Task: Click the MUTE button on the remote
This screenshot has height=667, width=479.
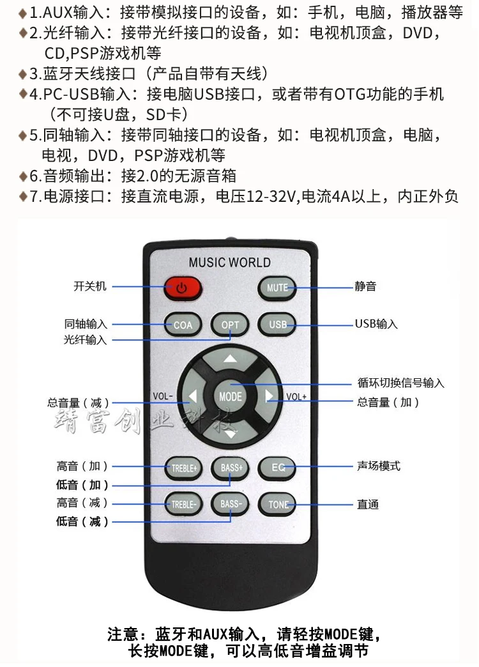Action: click(277, 288)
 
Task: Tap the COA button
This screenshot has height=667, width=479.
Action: click(183, 325)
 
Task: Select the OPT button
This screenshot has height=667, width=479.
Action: click(230, 325)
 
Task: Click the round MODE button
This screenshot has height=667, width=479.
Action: click(230, 397)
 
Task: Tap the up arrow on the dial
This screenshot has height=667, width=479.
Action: click(230, 359)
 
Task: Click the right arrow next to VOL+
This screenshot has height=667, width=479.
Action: click(269, 396)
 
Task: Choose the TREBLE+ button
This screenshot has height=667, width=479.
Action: click(184, 468)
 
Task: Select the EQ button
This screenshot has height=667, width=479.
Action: click(277, 468)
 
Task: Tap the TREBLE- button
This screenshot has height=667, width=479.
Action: click(184, 505)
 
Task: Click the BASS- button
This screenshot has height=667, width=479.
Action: click(231, 504)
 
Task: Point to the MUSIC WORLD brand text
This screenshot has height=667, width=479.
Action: click(230, 262)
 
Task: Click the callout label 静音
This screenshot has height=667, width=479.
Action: click(366, 286)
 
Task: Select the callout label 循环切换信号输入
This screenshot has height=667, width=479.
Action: click(400, 383)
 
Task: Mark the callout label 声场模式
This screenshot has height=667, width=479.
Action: click(379, 466)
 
